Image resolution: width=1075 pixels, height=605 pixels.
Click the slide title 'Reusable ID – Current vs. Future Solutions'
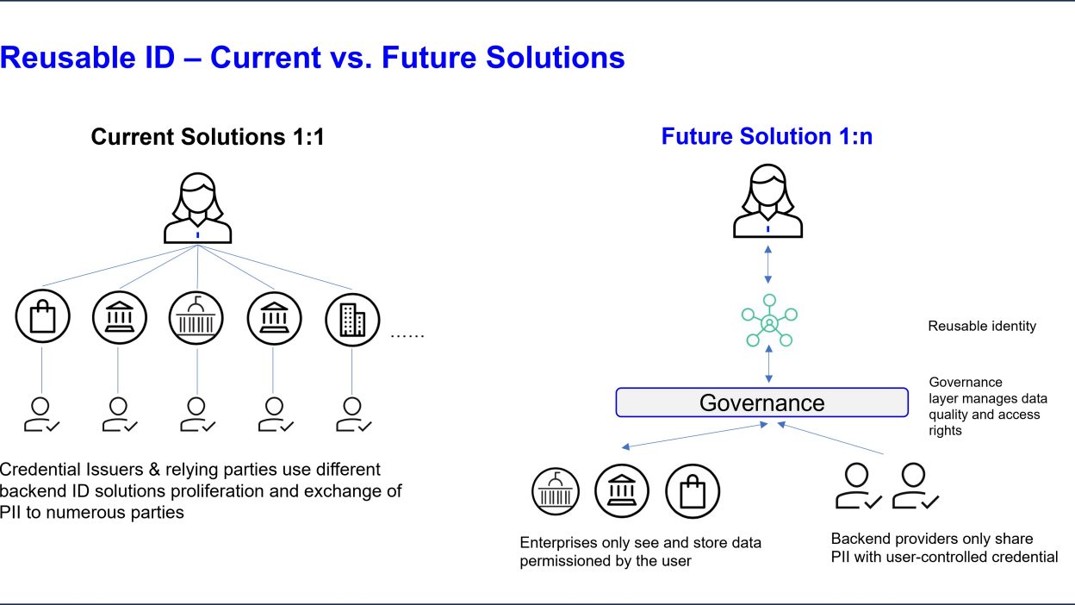[312, 58]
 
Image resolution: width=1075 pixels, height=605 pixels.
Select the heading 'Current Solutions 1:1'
[208, 136]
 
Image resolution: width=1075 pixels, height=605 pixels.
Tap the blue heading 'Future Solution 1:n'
[767, 136]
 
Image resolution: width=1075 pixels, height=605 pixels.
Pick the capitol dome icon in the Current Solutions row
[196, 318]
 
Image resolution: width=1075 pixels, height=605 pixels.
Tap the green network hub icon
[768, 323]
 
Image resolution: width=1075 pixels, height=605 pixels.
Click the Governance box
[761, 402]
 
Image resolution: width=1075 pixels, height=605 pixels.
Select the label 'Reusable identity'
[982, 327]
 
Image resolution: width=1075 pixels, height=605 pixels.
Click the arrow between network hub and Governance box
[767, 365]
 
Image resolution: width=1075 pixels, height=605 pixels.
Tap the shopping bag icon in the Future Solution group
[692, 492]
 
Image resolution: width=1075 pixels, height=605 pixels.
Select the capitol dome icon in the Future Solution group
[556, 492]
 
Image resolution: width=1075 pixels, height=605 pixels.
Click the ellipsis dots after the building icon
[407, 334]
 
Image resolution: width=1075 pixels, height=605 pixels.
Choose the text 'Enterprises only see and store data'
[640, 543]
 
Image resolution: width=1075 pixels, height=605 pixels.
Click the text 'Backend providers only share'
[931, 539]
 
